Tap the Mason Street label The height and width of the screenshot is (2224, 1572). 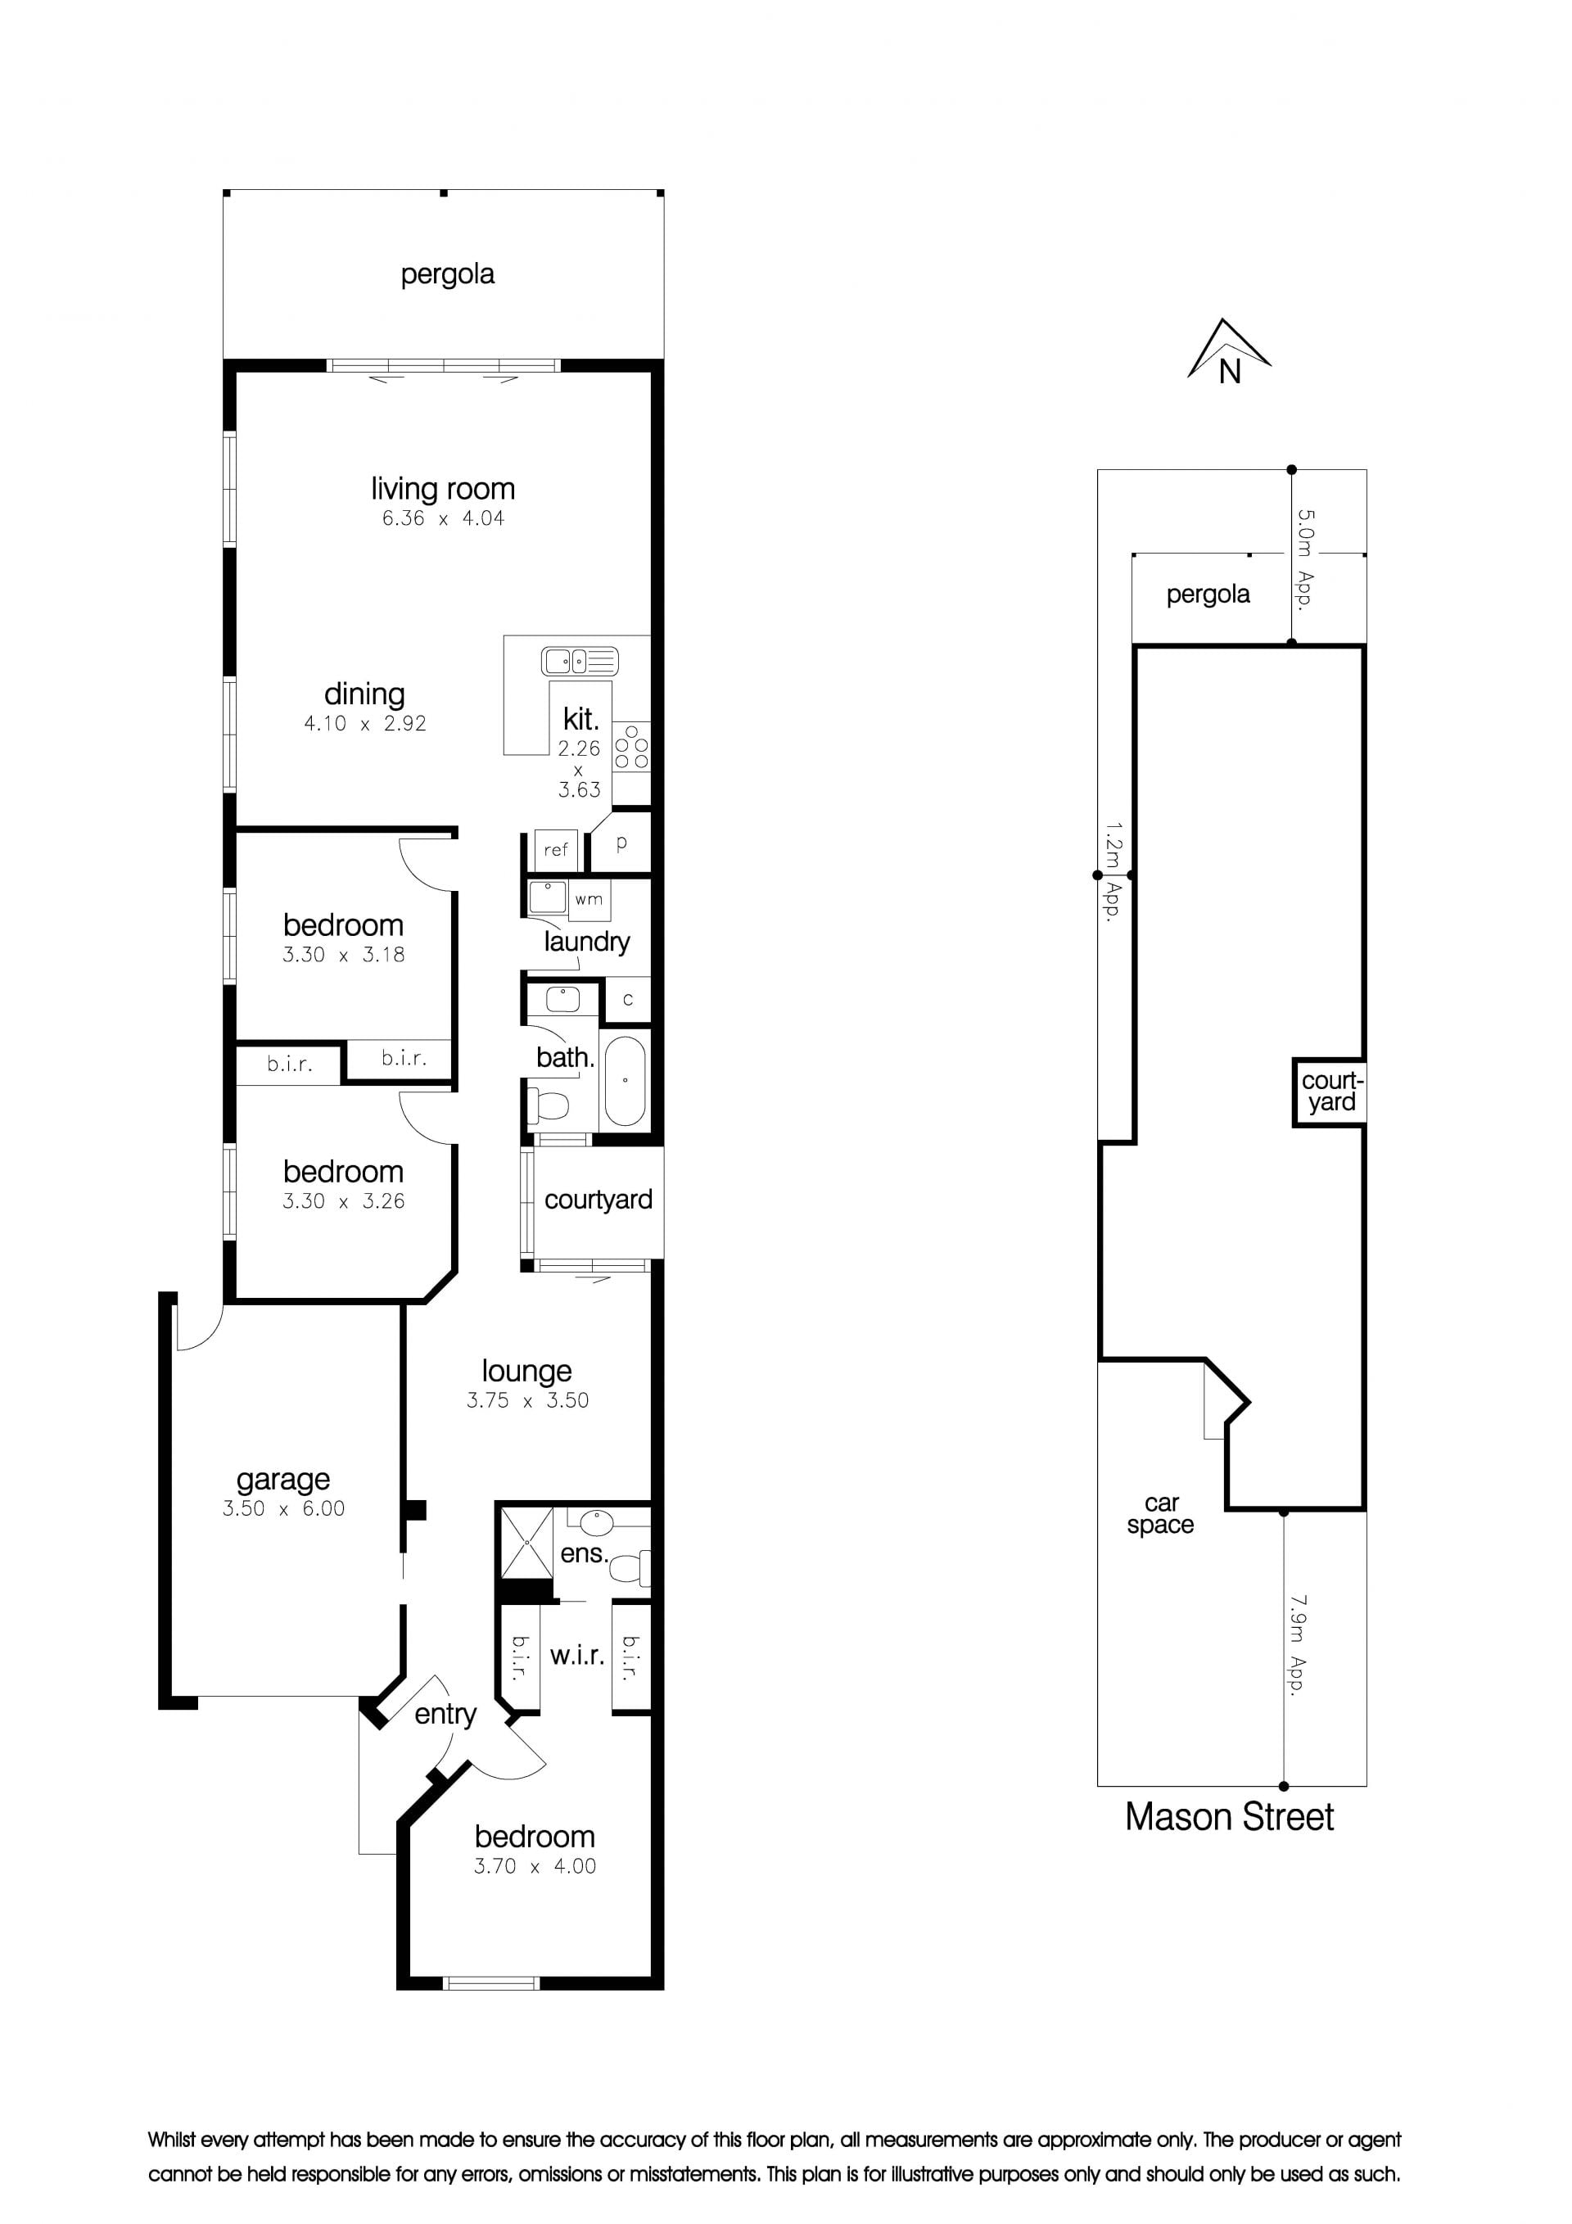(x=1229, y=1817)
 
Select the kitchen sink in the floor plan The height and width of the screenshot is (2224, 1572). (x=579, y=662)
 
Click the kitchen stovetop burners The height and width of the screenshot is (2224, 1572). (x=631, y=748)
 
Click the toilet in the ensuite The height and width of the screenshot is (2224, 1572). (x=631, y=1566)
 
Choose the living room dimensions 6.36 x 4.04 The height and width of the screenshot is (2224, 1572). (x=443, y=518)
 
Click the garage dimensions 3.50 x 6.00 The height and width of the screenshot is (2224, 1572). (x=282, y=1508)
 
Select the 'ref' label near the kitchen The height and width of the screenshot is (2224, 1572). (x=556, y=849)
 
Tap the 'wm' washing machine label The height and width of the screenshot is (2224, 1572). (x=589, y=899)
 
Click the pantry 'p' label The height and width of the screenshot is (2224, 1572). (x=621, y=843)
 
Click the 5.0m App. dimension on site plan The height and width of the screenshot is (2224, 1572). (x=1304, y=559)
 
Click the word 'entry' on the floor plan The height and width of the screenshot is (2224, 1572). (x=445, y=1715)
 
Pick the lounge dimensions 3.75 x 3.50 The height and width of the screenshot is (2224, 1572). (x=527, y=1399)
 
